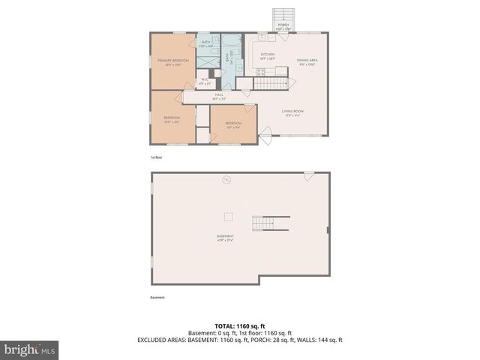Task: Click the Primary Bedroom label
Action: coord(172,61)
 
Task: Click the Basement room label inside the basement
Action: coord(225,239)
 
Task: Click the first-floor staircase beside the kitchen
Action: coord(270,82)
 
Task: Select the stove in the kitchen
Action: coord(262,72)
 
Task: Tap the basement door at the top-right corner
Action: coord(308,175)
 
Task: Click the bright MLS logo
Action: coord(29,349)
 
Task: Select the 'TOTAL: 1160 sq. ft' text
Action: coord(239,325)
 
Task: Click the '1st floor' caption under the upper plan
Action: coord(156,157)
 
